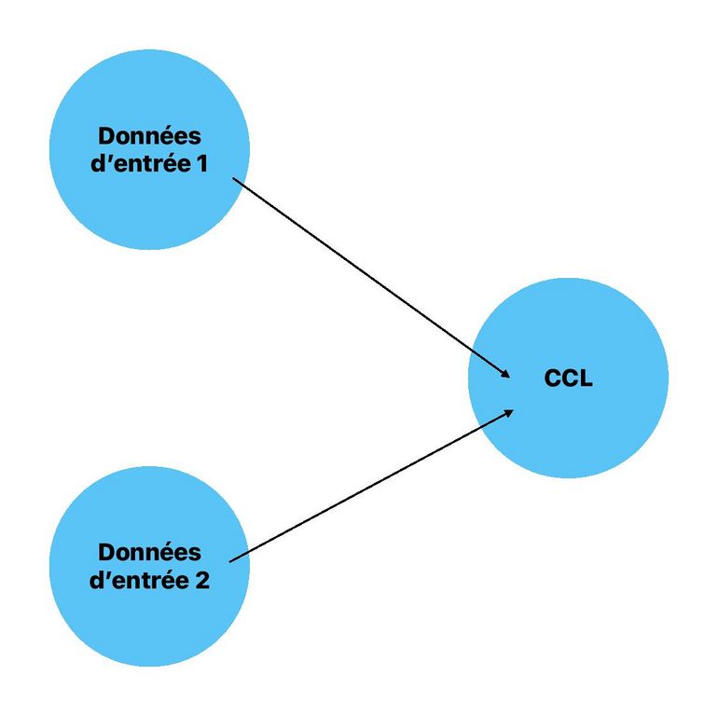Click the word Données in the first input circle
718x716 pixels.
click(149, 136)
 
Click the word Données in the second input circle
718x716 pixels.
click(149, 552)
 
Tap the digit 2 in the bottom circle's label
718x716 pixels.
click(202, 580)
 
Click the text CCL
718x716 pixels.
click(568, 379)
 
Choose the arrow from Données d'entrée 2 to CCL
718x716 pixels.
click(373, 485)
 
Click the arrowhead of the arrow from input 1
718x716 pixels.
click(506, 374)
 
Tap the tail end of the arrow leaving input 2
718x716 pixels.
click(229, 561)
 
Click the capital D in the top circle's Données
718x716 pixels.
click(105, 136)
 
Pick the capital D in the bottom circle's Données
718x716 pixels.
click(105, 552)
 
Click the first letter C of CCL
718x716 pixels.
click(552, 379)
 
